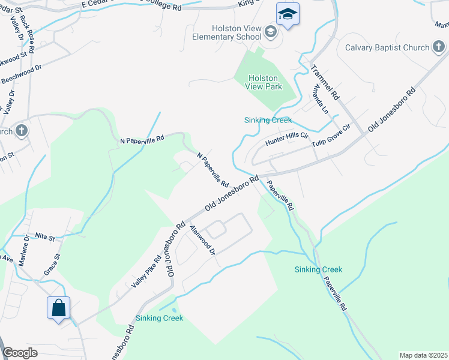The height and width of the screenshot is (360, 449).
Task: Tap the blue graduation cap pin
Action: coord(288,14)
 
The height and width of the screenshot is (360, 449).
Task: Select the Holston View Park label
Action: coord(264,82)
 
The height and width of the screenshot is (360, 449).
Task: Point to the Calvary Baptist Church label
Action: coord(387,47)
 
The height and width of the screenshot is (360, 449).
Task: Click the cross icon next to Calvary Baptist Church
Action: coord(439,47)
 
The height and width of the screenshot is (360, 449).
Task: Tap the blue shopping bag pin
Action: coord(59,308)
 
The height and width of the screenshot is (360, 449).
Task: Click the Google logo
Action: coord(20,353)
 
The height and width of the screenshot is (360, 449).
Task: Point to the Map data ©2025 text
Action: coord(423,355)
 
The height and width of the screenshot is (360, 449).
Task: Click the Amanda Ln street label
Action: coord(319,99)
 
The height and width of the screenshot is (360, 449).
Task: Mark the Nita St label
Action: coord(45,237)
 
